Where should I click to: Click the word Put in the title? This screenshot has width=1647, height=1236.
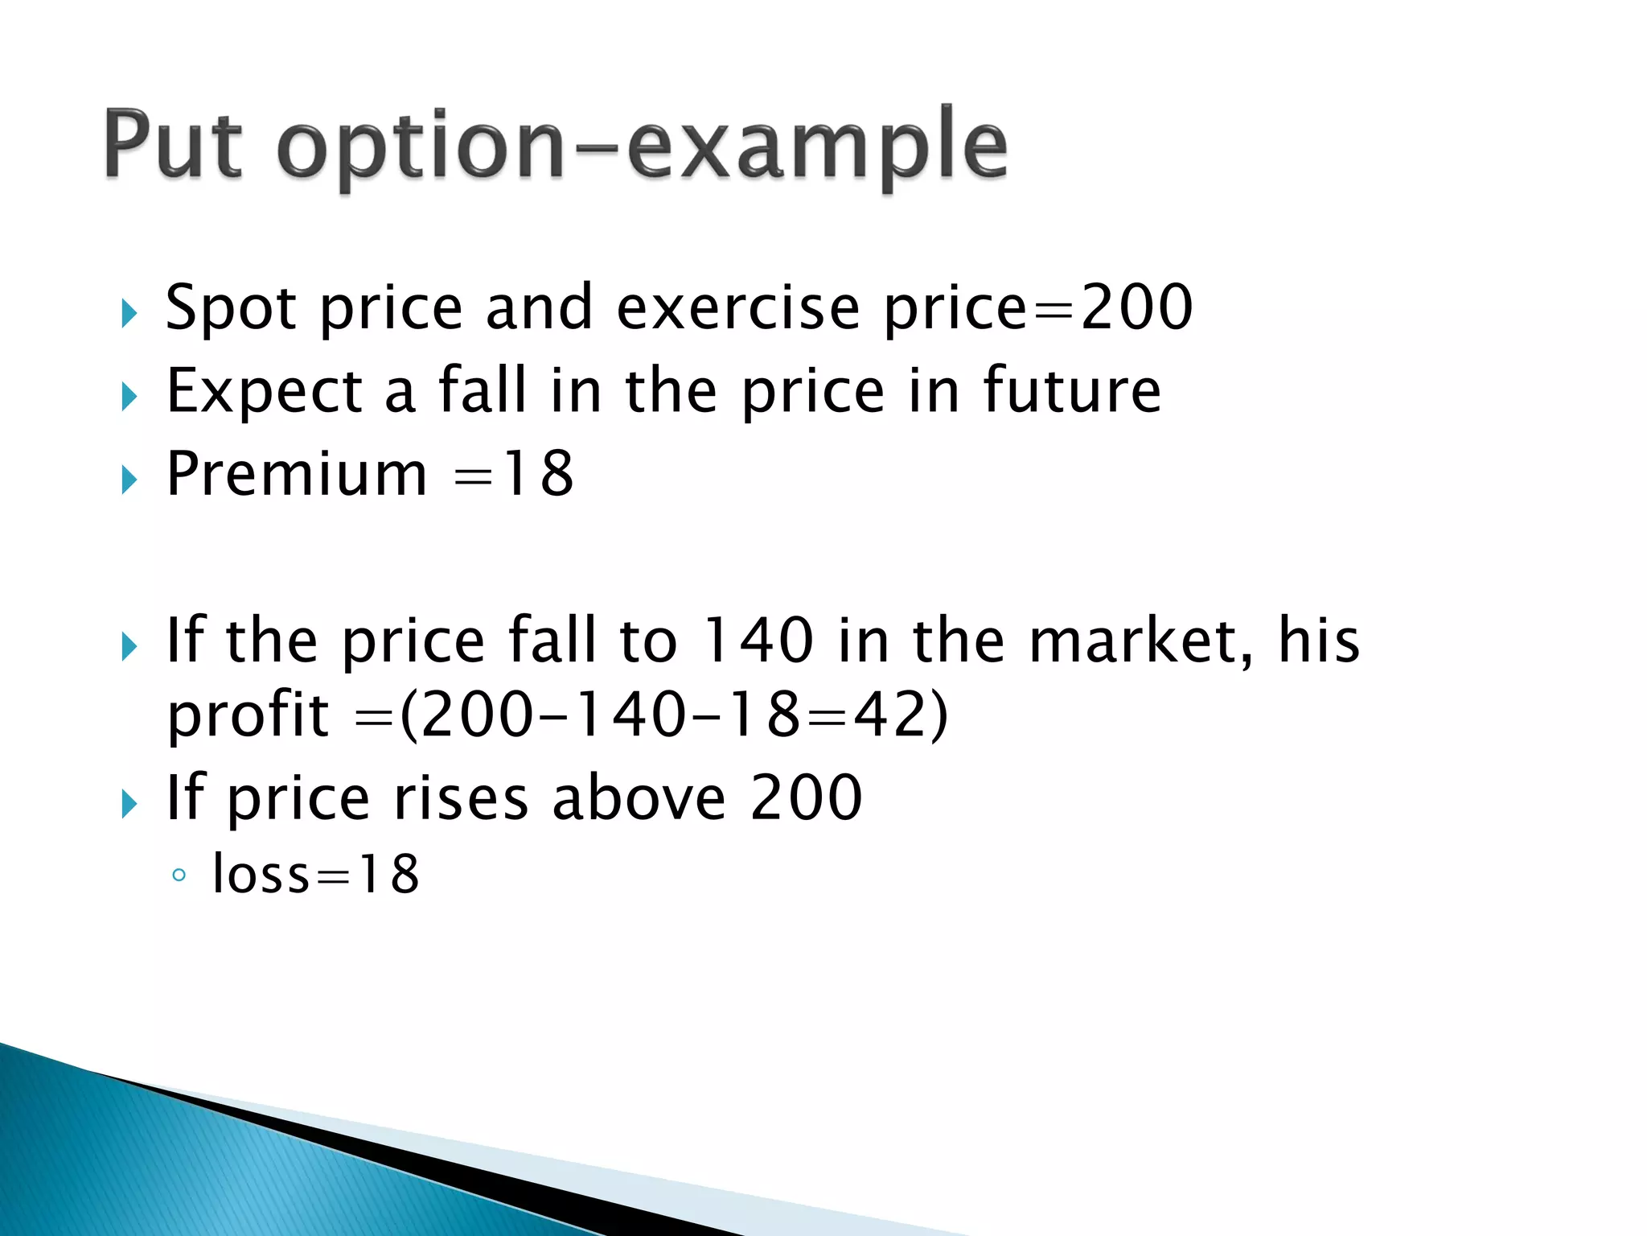[x=173, y=145]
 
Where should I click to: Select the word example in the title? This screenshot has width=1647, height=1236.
[x=816, y=149]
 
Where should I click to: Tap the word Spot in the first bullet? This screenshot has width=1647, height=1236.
[x=231, y=308]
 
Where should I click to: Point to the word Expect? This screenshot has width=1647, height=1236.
[x=265, y=392]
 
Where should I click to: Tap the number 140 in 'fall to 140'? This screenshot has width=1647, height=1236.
[x=758, y=641]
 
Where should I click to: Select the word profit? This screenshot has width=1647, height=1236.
[x=248, y=716]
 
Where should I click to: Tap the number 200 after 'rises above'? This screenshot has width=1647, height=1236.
[x=806, y=797]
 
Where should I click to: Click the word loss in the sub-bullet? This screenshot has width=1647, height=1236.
[x=261, y=874]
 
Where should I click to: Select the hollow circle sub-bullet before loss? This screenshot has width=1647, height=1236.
[x=179, y=875]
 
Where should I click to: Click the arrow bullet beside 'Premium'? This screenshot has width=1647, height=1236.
[x=129, y=480]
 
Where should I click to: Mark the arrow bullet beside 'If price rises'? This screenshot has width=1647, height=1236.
[x=129, y=804]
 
